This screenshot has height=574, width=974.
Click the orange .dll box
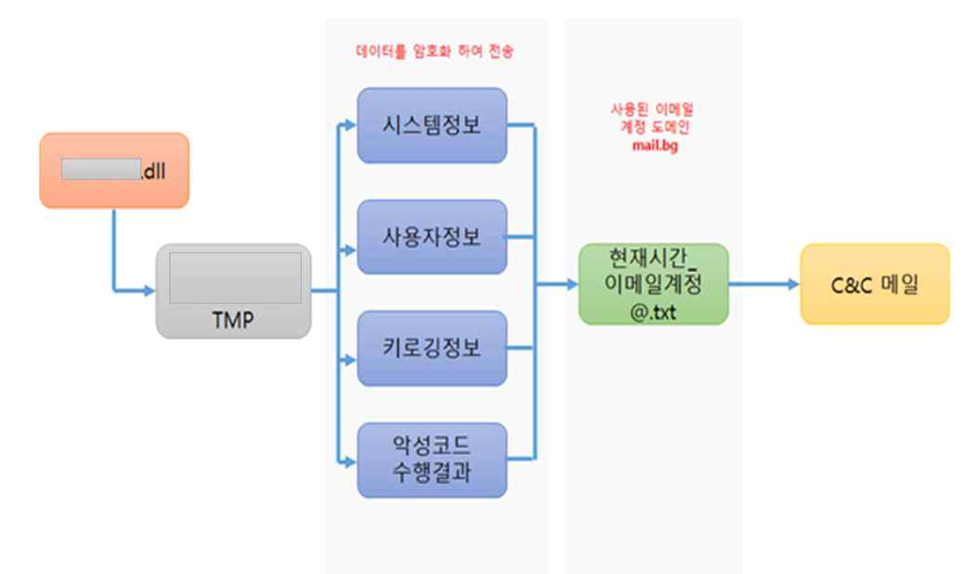point(114,170)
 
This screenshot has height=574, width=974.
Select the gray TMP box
point(233,291)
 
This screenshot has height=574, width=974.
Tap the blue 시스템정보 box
point(432,125)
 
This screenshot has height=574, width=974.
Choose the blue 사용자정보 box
point(432,236)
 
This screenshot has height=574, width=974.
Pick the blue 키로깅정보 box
point(432,348)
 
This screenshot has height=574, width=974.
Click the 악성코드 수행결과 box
point(432,460)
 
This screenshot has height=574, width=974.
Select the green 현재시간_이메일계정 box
point(653,283)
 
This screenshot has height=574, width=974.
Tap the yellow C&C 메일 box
point(874,283)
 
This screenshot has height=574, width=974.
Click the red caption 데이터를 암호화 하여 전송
point(433,52)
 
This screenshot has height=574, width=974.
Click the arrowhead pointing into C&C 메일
point(793,284)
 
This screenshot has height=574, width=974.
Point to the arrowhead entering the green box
point(572,284)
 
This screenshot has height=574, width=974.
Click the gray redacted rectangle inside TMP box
point(235,278)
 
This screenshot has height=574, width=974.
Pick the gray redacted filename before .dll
point(100,170)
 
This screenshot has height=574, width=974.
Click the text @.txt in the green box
point(653,310)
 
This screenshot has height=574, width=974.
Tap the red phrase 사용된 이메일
point(653,108)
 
